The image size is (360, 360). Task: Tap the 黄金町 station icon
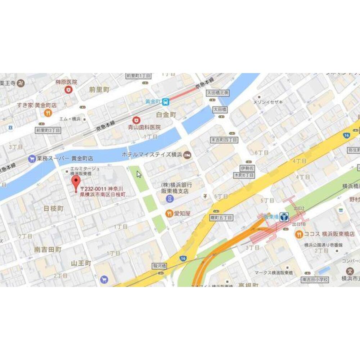166,102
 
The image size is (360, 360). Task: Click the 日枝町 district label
53,208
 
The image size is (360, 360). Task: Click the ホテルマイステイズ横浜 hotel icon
187,155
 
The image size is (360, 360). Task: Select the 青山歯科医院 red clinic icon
136,120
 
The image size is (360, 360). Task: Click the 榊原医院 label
67,82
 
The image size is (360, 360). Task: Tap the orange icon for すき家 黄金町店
47,113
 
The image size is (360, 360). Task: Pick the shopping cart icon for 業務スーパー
32,158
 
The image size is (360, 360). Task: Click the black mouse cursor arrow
139,174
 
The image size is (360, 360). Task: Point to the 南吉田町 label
48,249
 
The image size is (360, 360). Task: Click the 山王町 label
81,263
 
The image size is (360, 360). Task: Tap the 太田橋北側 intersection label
218,93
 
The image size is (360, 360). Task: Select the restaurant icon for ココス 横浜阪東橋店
299,234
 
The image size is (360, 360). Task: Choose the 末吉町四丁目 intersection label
224,140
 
